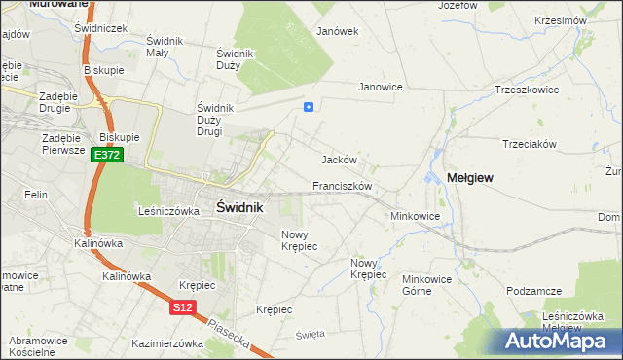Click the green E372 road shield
(107, 156)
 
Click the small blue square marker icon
(309, 108)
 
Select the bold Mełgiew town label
(470, 178)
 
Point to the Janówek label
(338, 31)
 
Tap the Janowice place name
(381, 87)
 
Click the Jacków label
(340, 160)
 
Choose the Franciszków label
(342, 185)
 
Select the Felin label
(37, 195)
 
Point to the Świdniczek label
(101, 28)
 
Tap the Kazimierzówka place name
(166, 343)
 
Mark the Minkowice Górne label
(429, 284)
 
